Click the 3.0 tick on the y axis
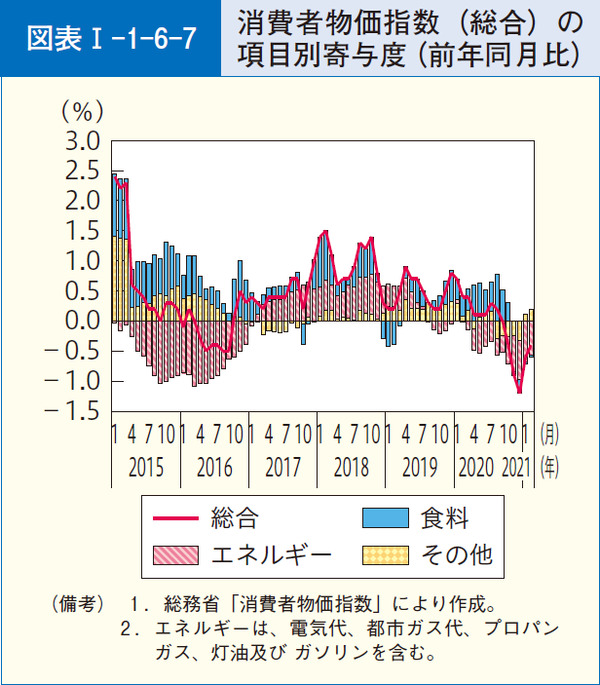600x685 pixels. coord(81,140)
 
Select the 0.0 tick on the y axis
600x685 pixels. coord(81,321)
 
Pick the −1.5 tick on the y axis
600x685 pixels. coord(72,411)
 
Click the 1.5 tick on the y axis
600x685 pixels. coord(81,231)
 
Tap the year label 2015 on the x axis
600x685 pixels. coord(145,466)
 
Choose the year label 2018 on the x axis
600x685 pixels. coord(351,466)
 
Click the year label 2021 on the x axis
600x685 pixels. coord(513,466)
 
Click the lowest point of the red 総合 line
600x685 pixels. coord(519,392)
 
